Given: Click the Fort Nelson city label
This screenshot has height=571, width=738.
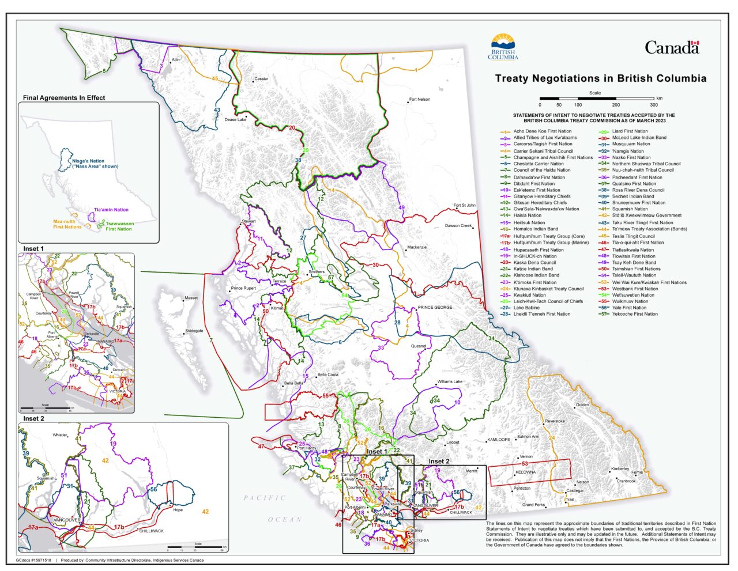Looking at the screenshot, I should [420, 100].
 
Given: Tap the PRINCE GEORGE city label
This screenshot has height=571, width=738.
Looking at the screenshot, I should [435, 308].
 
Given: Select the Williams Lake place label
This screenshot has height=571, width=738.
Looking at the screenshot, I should [449, 382].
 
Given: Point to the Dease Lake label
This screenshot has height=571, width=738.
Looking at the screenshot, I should [235, 120].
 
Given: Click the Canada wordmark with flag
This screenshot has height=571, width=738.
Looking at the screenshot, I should [672, 47].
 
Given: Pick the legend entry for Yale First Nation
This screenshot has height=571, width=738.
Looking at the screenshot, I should [630, 308].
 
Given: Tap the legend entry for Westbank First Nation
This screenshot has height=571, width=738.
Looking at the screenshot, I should [634, 289].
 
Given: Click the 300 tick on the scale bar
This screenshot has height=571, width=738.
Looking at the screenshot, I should [654, 105].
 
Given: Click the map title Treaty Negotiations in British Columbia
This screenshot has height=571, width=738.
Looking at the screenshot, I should [600, 78].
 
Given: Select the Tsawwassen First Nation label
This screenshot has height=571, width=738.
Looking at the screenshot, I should [118, 226].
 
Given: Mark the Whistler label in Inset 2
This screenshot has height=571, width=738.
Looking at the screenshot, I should [60, 436].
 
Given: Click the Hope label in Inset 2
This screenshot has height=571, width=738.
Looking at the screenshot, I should [178, 510].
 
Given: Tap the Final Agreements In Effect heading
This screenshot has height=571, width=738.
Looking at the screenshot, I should [63, 98].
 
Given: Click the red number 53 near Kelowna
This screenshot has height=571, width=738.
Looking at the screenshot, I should [525, 464].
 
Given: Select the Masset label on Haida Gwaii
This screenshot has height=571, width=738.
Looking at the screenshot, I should [191, 298].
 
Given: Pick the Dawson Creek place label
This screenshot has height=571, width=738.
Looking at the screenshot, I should [458, 226].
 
